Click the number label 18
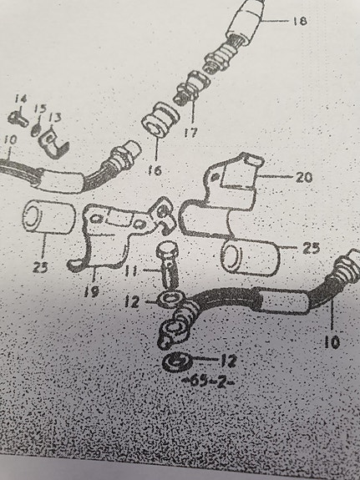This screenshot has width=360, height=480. point(300,21)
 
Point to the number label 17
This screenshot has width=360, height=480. point(191,132)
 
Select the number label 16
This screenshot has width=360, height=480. point(155,170)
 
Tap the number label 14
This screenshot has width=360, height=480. point(21,99)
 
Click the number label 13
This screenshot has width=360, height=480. point(55,117)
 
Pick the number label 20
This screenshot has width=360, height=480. point(304,177)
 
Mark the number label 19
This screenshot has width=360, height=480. point(92,291)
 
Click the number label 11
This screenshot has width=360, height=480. point(131,270)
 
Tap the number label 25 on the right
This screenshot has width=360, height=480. point(311,248)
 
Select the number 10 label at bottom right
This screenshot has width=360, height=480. point(332,342)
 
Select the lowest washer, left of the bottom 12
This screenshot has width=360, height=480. point(177,362)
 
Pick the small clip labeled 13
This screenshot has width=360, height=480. point(54,144)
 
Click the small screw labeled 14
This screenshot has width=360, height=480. point(18,119)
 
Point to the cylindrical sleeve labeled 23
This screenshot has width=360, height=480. point(48,217)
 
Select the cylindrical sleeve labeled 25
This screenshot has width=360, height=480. point(250,257)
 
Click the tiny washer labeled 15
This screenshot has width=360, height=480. point(36,130)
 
